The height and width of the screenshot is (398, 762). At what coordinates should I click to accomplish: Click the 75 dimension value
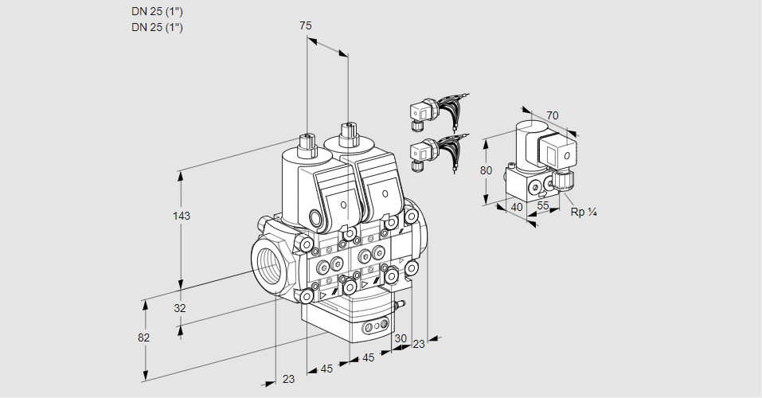pyautogui.click(x=305, y=25)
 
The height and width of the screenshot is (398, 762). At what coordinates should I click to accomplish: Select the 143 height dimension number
pyautogui.click(x=182, y=215)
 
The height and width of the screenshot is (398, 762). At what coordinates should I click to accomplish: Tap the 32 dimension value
pyautogui.click(x=180, y=307)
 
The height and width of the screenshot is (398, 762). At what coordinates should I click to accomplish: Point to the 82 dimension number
pyautogui.click(x=143, y=338)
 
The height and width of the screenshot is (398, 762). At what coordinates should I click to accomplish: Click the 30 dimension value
pyautogui.click(x=401, y=338)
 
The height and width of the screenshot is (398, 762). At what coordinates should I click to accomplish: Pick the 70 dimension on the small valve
pyautogui.click(x=552, y=115)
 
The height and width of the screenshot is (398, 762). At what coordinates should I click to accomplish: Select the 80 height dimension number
pyautogui.click(x=486, y=170)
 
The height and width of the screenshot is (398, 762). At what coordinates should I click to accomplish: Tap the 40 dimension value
pyautogui.click(x=517, y=207)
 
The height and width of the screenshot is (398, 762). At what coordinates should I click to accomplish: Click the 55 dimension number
pyautogui.click(x=542, y=205)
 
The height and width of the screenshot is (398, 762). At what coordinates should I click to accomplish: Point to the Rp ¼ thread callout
pyautogui.click(x=583, y=212)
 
